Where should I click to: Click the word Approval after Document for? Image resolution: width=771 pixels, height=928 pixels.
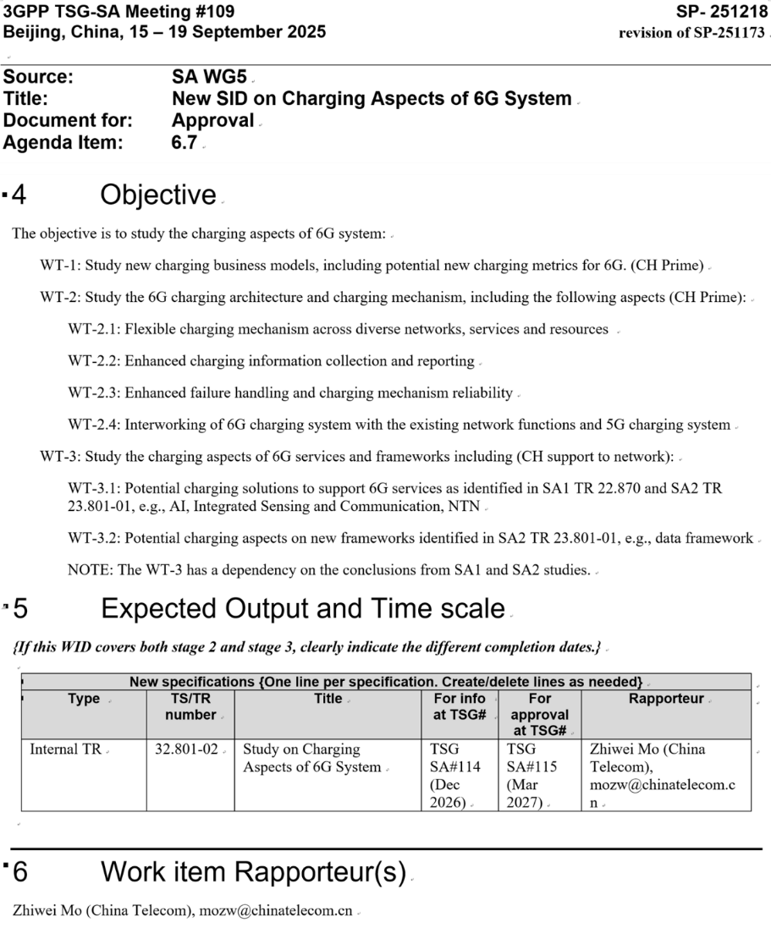pos(212,121)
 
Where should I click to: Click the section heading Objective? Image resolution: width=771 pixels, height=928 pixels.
pos(158,195)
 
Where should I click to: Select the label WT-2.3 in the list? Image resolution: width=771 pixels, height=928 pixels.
pos(95,393)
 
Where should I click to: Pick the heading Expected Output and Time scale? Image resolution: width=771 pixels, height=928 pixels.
pos(302,607)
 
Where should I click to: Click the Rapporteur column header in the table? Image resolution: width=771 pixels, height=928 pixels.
pos(666,699)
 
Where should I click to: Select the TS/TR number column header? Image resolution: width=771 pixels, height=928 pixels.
pos(190,706)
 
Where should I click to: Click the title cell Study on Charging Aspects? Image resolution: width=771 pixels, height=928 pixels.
pos(311,758)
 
